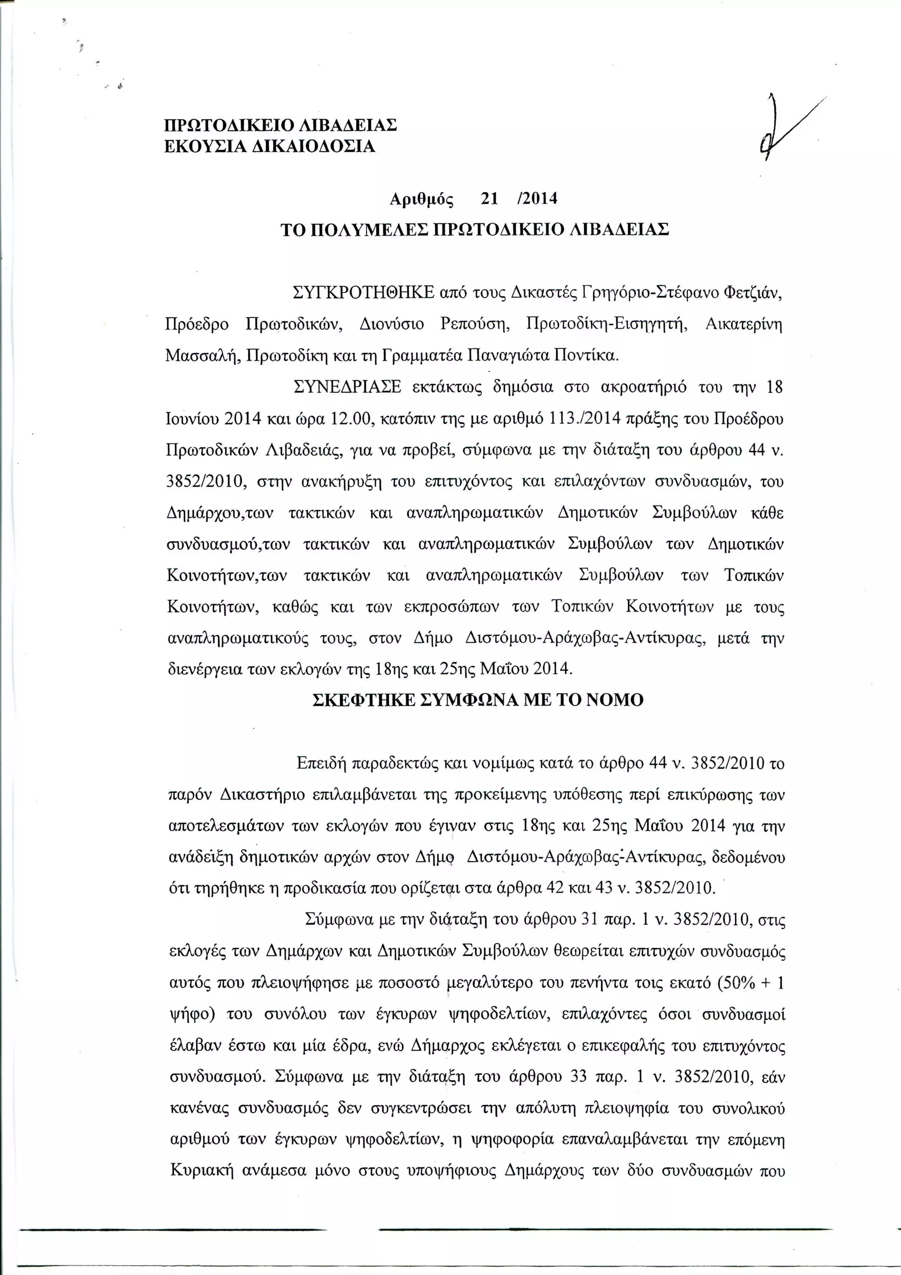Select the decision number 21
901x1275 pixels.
490,198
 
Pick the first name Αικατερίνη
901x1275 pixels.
744,324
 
